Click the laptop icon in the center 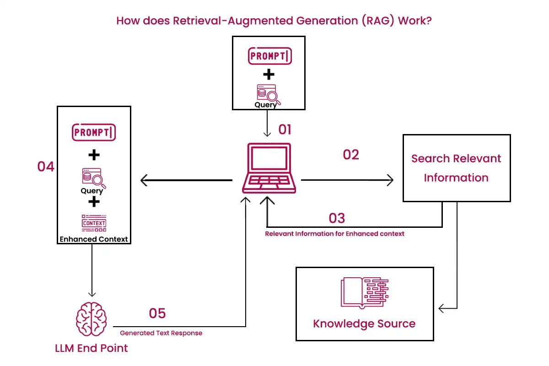(269, 168)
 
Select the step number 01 (285, 130)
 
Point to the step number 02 (351, 155)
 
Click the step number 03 (337, 218)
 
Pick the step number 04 (46, 167)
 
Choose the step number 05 (157, 313)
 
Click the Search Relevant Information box (456, 168)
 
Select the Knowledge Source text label (364, 324)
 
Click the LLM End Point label (91, 348)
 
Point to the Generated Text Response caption (161, 333)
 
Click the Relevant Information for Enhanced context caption (335, 234)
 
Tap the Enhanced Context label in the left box (94, 239)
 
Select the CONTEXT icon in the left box (94, 223)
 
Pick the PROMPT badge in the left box (94, 133)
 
